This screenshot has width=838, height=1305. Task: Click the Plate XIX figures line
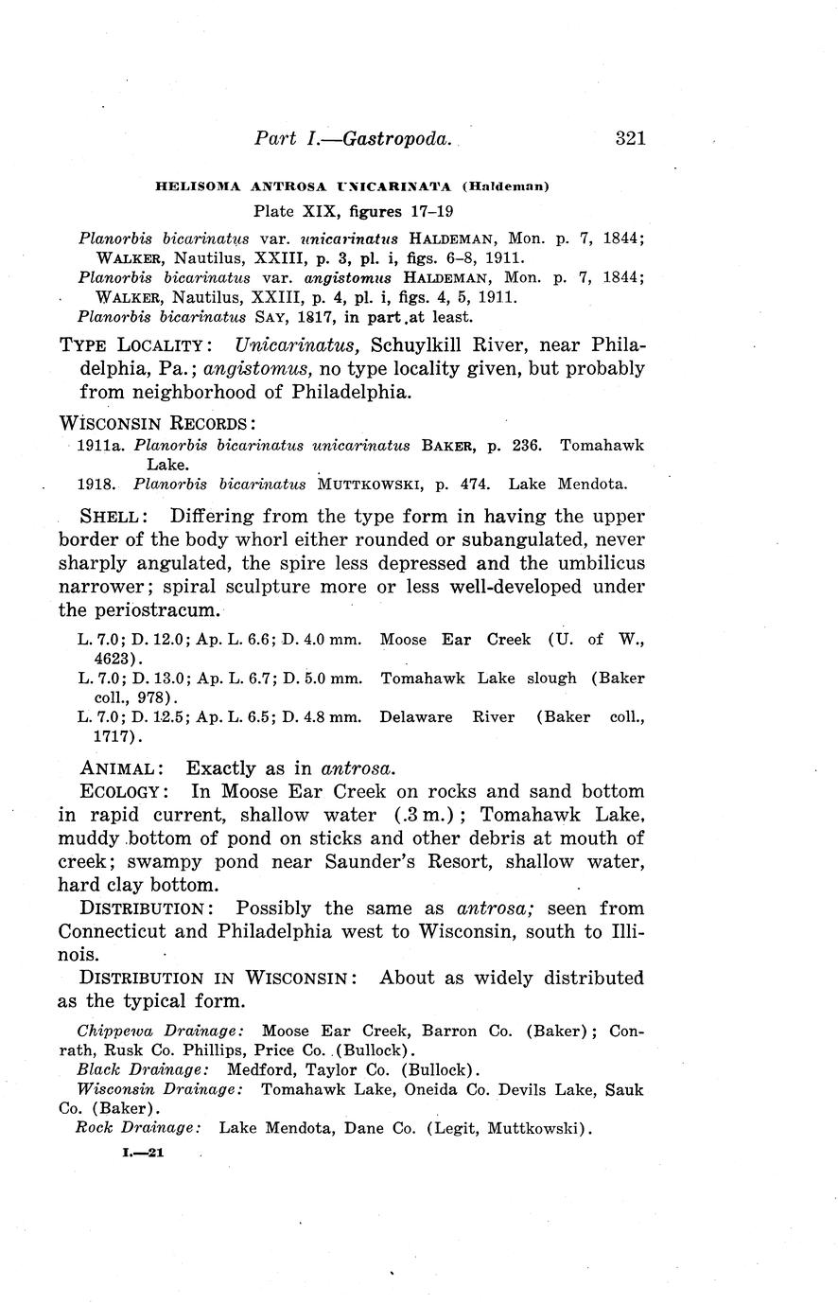tap(352, 210)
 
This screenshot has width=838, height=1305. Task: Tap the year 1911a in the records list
tap(96, 445)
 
